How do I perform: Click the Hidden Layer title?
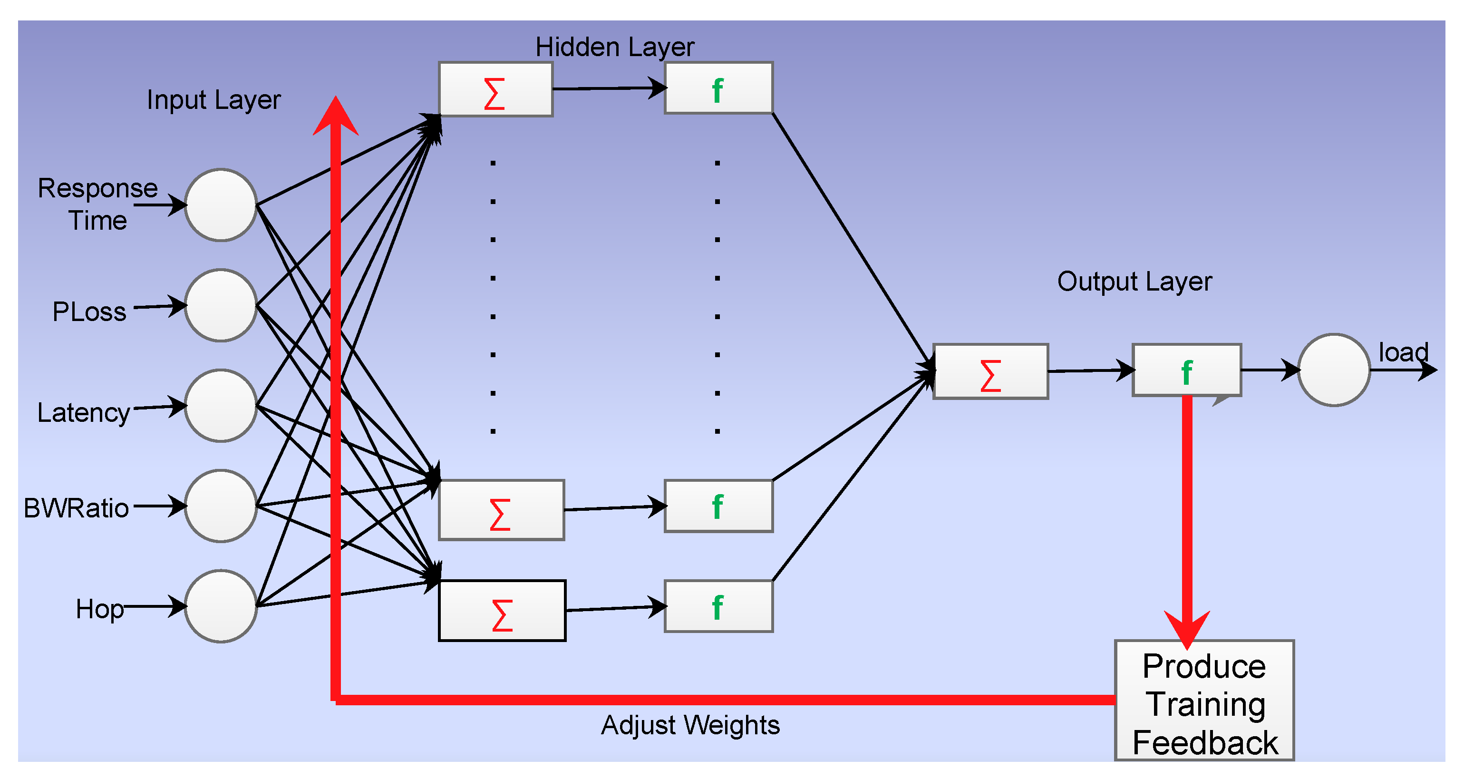pos(614,47)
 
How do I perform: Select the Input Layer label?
pos(213,100)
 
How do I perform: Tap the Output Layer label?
pos(1134,282)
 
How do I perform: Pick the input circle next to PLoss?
pos(221,305)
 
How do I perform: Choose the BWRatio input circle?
pos(221,506)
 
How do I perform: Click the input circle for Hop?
pos(221,606)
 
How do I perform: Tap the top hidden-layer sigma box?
pos(495,90)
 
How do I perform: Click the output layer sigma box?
pos(990,371)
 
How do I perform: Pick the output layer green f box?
pos(1187,370)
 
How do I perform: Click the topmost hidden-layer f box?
pos(718,88)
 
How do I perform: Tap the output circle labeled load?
pos(1334,370)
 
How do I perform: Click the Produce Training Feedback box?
pos(1204,701)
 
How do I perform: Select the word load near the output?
pos(1403,352)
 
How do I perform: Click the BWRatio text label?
pos(76,508)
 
